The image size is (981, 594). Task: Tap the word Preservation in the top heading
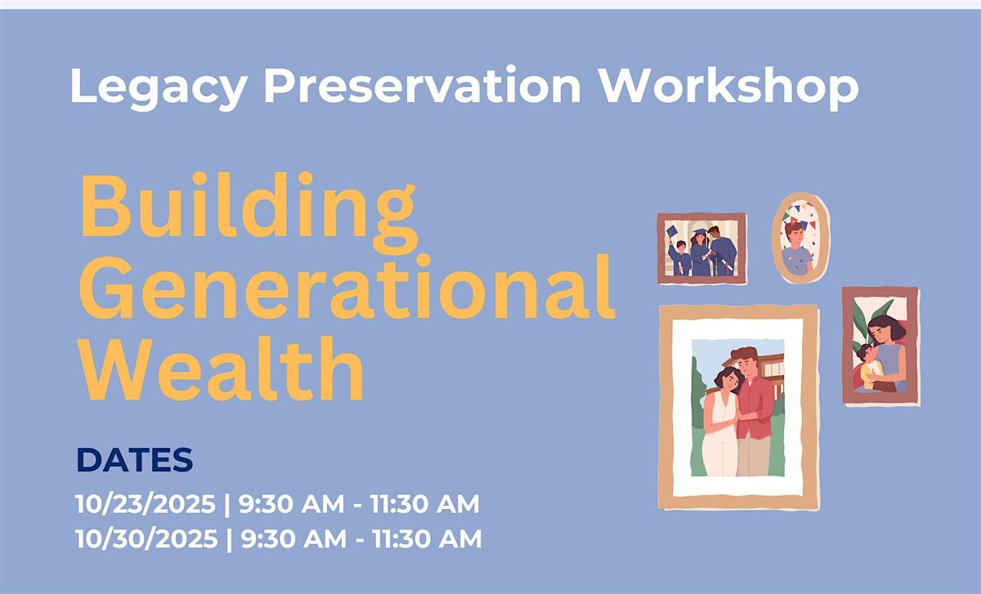(422, 85)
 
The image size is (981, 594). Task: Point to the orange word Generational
(347, 287)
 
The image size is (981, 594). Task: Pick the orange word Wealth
(222, 368)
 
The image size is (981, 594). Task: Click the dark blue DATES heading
(134, 460)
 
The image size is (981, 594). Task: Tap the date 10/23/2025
(146, 504)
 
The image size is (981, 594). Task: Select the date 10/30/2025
(146, 538)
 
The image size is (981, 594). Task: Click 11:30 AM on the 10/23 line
(425, 504)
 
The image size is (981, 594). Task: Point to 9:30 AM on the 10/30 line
(293, 538)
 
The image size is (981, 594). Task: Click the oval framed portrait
(800, 238)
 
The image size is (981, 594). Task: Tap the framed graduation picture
(702, 248)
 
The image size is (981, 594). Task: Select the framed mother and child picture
(880, 346)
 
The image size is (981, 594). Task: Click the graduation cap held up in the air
(671, 230)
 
